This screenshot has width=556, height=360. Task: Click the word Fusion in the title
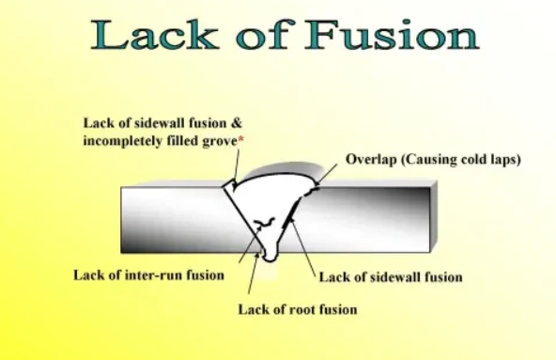tap(392, 36)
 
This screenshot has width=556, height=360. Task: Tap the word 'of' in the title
tap(263, 36)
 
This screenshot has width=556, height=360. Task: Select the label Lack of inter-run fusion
tap(148, 275)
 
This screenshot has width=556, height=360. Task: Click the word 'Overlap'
tap(372, 159)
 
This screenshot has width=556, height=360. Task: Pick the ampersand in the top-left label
tap(237, 122)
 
